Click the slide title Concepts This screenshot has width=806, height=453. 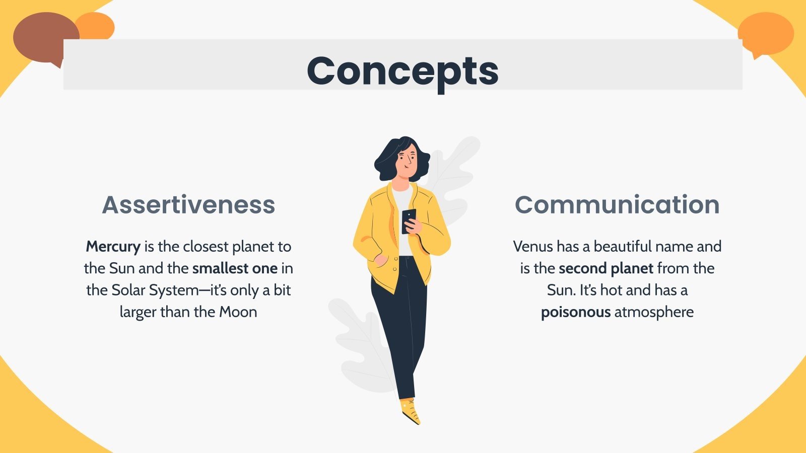402,70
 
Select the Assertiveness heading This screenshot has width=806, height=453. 188,205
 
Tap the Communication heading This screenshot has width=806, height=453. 617,205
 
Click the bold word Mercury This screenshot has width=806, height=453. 113,247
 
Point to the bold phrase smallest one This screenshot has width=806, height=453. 235,268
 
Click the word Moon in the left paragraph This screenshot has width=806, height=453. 238,312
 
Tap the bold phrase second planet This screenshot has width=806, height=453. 606,268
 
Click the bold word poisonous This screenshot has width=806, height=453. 575,312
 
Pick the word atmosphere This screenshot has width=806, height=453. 654,312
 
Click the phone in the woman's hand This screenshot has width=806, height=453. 409,219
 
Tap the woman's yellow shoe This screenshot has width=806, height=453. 411,410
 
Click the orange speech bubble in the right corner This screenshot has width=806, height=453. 766,33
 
